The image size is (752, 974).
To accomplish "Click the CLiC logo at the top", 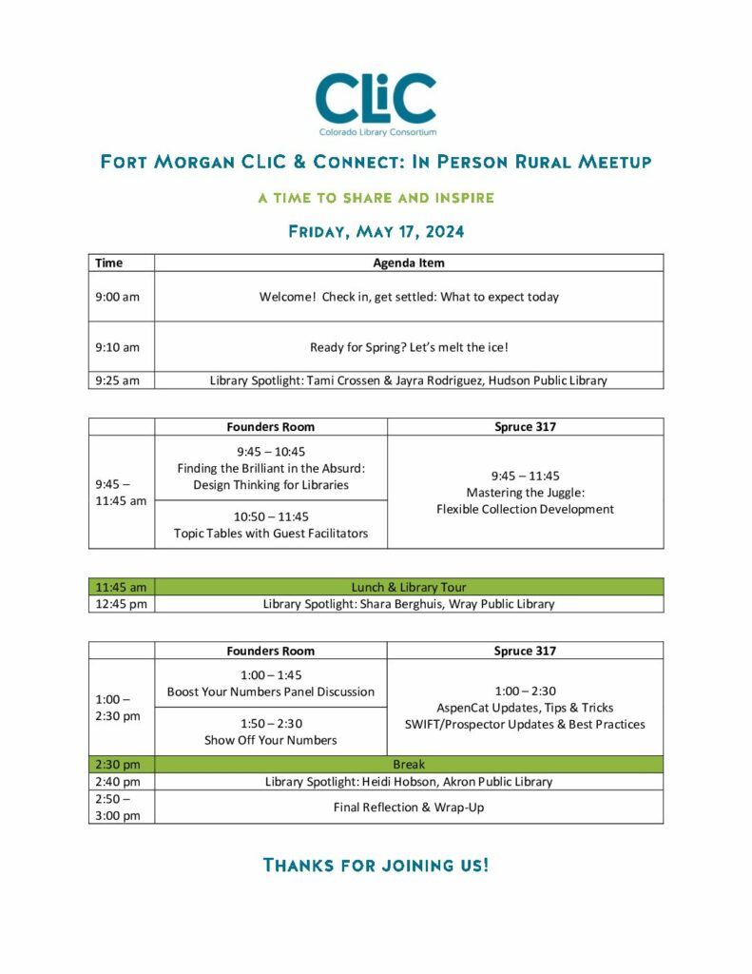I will pos(376,103).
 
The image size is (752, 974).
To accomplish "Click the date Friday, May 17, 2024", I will pos(376,231).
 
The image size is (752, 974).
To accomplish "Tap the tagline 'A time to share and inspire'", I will pos(376,198).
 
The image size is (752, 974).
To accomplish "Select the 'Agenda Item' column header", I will pos(408,263).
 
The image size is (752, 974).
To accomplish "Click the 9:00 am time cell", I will pos(118,297).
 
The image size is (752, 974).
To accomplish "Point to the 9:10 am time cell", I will pos(118,347).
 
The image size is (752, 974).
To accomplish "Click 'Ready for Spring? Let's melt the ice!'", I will pos(408,347).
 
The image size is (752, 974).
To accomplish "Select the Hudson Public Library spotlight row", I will pos(408,380).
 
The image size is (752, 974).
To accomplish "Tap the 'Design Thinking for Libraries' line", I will pos(271,485).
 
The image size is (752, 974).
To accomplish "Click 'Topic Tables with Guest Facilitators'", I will pos(271,534).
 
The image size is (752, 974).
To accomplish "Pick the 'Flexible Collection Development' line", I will pos(525,509).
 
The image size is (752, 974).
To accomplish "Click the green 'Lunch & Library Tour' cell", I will pos(408,587).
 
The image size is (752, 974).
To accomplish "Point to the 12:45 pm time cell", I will pos(121,604).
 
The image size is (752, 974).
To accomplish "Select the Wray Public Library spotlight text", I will pos(408,604).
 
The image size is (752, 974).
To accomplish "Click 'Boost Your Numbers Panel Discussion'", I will pos(271,692).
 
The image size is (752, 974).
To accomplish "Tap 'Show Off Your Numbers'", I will pos(271,740).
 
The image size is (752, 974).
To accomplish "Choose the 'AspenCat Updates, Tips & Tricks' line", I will pos(525,708).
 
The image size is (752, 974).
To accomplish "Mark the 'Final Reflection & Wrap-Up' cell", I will pos(408,807).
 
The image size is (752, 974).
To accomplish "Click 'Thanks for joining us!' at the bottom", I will pos(376,865).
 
